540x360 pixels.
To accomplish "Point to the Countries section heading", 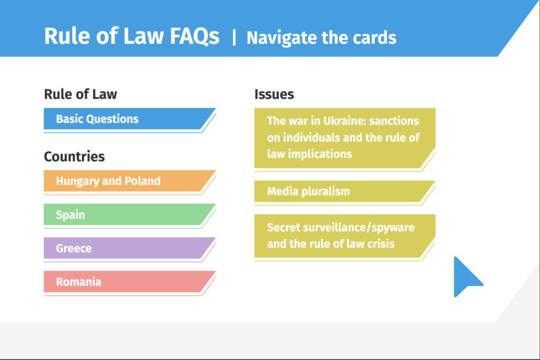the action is [x=74, y=157].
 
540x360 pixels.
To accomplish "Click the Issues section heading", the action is [x=274, y=94].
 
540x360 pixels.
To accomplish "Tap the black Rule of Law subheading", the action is [x=81, y=94].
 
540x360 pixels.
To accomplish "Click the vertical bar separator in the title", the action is [x=234, y=37].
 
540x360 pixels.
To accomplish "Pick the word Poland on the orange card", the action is [x=142, y=181].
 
